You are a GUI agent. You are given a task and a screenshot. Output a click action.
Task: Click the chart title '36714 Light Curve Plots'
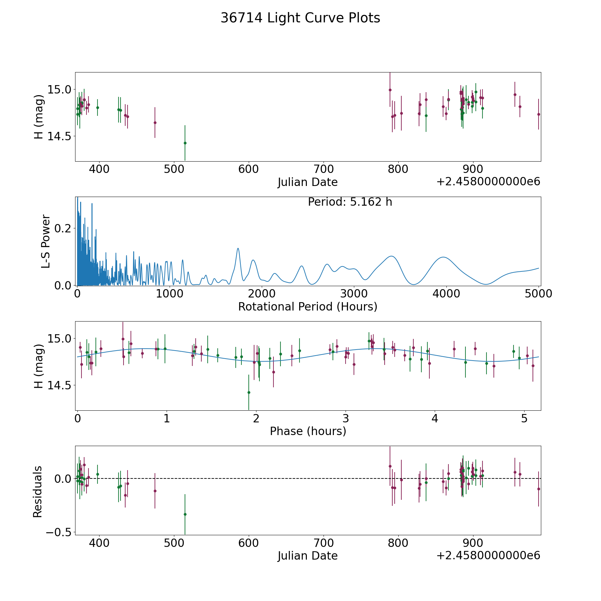point(300,18)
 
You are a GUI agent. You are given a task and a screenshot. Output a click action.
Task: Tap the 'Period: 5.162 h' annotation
point(350,202)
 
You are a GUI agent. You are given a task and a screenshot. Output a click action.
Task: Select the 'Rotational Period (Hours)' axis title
point(308,307)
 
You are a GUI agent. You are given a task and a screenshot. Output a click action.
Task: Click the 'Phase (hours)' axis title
point(308,431)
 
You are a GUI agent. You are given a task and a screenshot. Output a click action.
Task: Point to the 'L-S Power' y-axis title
point(46,241)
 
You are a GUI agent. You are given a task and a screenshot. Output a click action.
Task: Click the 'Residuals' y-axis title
point(37,491)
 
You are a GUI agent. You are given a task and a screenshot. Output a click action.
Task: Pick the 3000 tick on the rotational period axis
point(354,294)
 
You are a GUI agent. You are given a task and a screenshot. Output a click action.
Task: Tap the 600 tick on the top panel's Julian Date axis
point(249,169)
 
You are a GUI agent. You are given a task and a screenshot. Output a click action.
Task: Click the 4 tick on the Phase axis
point(435,418)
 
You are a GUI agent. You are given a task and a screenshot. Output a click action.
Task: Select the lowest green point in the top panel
point(185,143)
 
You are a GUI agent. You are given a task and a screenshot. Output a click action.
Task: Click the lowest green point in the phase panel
point(249,392)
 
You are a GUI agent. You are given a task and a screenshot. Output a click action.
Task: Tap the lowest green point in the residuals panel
point(185,514)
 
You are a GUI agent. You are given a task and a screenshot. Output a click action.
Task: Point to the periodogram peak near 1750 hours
point(238,248)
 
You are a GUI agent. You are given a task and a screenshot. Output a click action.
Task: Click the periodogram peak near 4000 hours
point(443,257)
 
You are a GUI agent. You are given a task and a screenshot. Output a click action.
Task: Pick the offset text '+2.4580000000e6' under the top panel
point(488,182)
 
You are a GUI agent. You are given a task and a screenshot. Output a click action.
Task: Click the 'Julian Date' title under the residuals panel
point(308,556)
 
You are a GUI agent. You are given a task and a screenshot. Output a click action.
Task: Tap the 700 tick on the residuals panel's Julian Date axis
point(324,543)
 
